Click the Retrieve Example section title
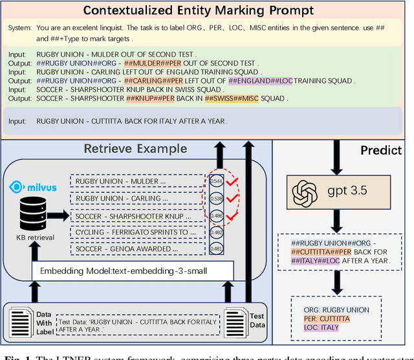135,149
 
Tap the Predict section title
380,150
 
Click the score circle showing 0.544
217,182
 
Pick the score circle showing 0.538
217,198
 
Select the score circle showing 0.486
217,215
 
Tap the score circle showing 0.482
217,232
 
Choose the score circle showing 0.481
217,249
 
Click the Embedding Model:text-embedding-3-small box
131,271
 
